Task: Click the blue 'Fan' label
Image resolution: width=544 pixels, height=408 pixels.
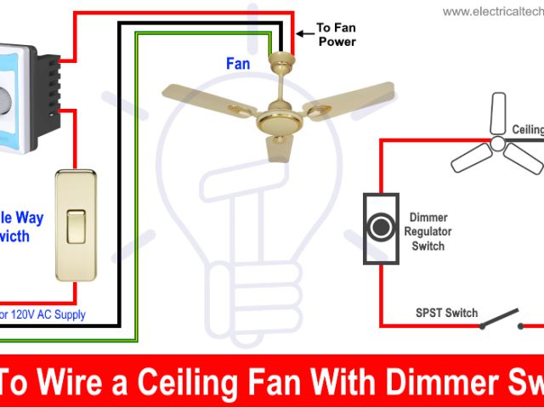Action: tap(238, 63)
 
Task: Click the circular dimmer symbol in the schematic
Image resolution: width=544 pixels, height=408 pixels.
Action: tap(379, 227)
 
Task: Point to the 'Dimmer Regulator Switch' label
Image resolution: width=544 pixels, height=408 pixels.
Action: tap(428, 232)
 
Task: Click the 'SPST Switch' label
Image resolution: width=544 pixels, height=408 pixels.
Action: tap(446, 313)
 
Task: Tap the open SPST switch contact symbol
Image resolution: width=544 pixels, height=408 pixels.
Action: tap(501, 320)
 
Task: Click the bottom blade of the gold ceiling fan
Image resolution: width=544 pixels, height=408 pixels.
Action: tap(278, 146)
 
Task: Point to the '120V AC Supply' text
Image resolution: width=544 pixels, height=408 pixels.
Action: tap(64, 314)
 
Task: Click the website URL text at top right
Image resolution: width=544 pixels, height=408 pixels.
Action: tap(494, 11)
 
